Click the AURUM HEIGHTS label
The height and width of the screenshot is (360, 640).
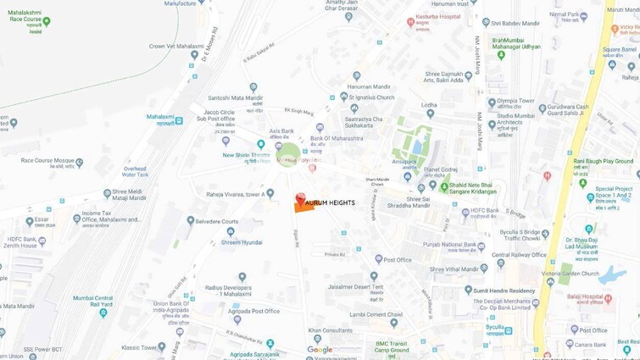(330, 202)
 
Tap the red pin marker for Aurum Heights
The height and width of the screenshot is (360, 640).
(299, 199)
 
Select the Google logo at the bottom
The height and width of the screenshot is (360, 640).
(320, 349)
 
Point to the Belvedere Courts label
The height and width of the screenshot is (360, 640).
(216, 221)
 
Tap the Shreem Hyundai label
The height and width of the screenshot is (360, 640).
(242, 242)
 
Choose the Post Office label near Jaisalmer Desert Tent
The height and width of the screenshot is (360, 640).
(397, 259)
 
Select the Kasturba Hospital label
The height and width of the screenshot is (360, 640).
(438, 16)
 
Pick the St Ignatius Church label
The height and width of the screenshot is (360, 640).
(372, 97)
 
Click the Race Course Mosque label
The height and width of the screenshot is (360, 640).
(47, 159)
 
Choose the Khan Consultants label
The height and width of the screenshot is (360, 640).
(331, 330)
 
